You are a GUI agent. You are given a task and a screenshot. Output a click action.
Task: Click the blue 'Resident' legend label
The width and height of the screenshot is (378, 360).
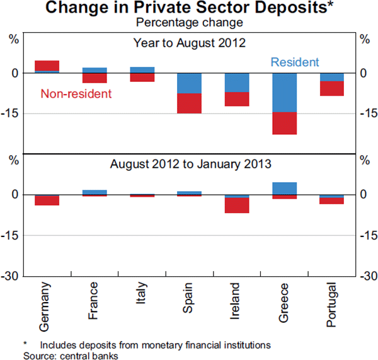[295, 62]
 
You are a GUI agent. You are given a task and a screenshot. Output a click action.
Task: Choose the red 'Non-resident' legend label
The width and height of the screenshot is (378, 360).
[76, 94]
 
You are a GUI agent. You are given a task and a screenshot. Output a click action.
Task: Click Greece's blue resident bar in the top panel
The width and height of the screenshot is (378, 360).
[284, 92]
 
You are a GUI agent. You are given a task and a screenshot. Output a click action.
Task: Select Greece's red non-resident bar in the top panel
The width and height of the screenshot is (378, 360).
[284, 123]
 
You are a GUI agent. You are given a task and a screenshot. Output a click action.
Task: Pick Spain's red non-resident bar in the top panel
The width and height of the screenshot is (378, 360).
[189, 103]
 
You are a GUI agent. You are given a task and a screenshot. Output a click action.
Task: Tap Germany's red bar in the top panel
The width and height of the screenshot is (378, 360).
[47, 66]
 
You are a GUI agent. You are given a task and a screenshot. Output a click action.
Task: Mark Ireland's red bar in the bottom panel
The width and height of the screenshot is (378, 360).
[237, 205]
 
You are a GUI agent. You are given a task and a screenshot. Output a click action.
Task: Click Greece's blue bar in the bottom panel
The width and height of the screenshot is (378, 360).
[284, 188]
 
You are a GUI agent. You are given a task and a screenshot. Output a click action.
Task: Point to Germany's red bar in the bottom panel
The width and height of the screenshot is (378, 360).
[47, 200]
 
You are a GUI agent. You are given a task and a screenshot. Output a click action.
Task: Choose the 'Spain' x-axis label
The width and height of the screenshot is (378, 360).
[189, 299]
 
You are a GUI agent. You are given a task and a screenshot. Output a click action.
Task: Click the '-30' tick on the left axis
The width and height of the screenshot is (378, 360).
[14, 276]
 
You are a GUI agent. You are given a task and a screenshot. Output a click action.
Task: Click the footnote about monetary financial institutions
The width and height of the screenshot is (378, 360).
[148, 345]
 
